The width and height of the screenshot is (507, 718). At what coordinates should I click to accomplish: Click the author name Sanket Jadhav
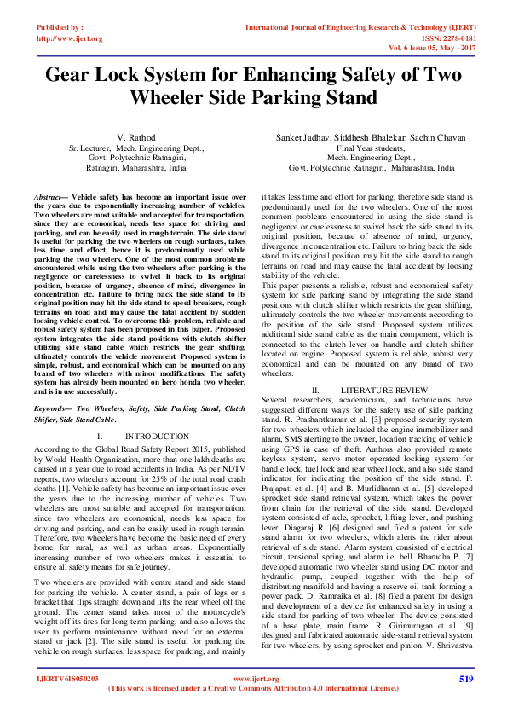[x=305, y=137]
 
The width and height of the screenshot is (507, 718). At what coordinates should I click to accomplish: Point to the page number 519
[x=465, y=678]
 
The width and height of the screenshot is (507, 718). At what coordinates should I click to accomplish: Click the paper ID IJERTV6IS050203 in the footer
[x=67, y=679]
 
